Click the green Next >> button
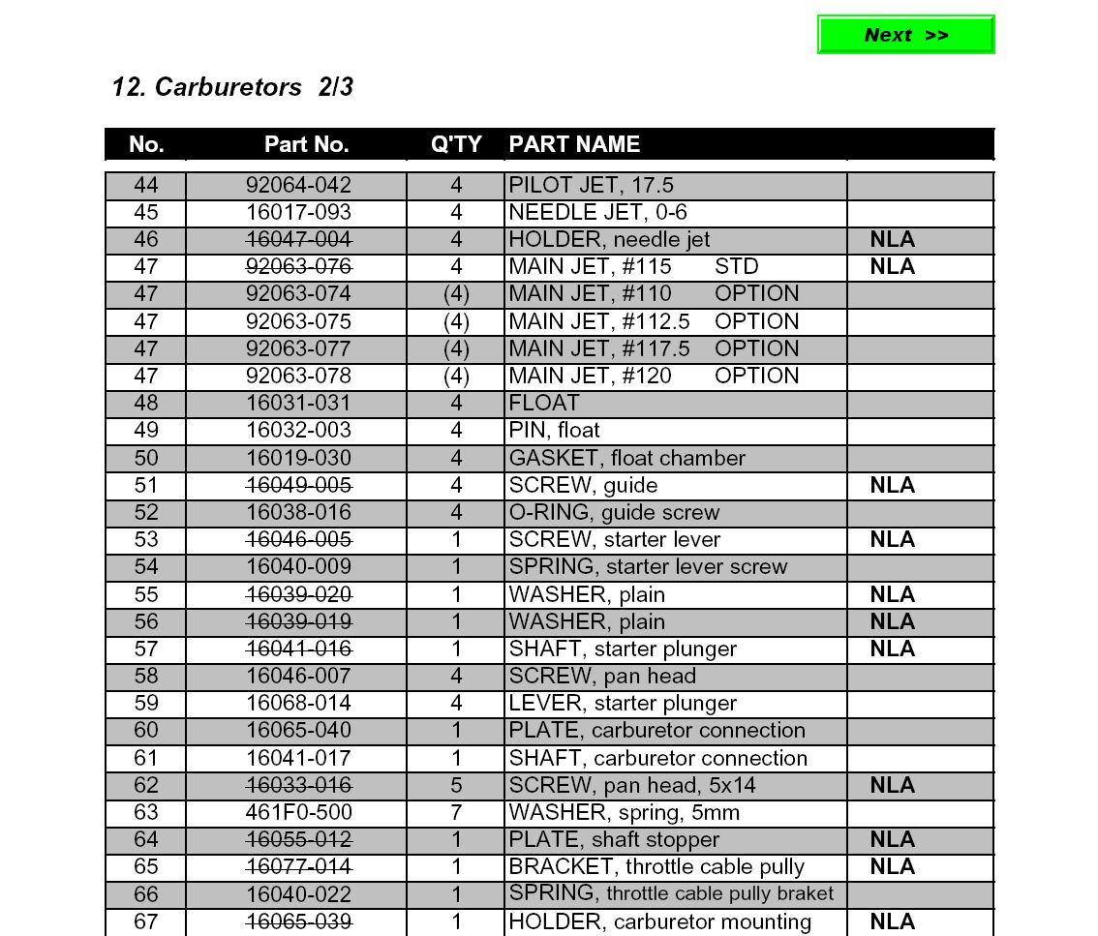click(x=905, y=35)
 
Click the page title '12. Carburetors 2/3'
click(x=232, y=87)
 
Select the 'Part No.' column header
click(x=306, y=144)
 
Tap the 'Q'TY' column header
click(x=456, y=144)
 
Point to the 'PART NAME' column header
click(x=574, y=144)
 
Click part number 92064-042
click(x=298, y=185)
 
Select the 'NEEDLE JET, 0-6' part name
click(x=598, y=212)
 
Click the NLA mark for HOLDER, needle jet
click(x=892, y=239)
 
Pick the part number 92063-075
click(x=298, y=321)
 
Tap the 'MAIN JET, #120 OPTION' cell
click(x=654, y=376)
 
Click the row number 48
click(x=145, y=403)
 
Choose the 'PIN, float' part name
click(x=555, y=430)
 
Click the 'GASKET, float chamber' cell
click(x=627, y=458)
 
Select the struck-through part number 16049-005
click(x=298, y=485)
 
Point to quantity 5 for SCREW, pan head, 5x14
click(x=456, y=785)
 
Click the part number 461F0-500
click(x=298, y=812)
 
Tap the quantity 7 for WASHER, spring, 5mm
click(x=456, y=812)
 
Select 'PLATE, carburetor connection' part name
click(x=657, y=730)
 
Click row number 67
click(x=145, y=921)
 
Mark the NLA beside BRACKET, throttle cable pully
click(x=892, y=866)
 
